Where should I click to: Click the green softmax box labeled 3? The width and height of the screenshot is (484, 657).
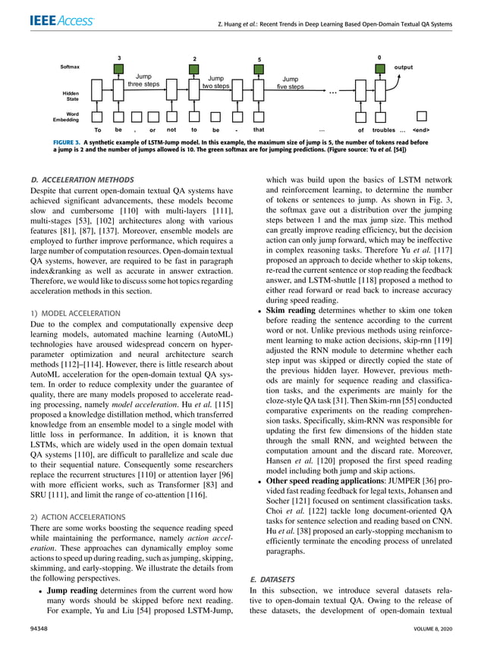[x=119, y=70]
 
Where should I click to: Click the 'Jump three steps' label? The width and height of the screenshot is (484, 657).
[x=144, y=81]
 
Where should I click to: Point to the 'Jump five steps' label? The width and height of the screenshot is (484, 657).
[x=290, y=83]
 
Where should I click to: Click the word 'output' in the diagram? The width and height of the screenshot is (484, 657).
[x=404, y=67]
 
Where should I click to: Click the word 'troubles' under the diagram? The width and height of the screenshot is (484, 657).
[x=384, y=130]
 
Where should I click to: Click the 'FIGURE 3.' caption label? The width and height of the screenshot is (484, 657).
[x=66, y=142]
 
